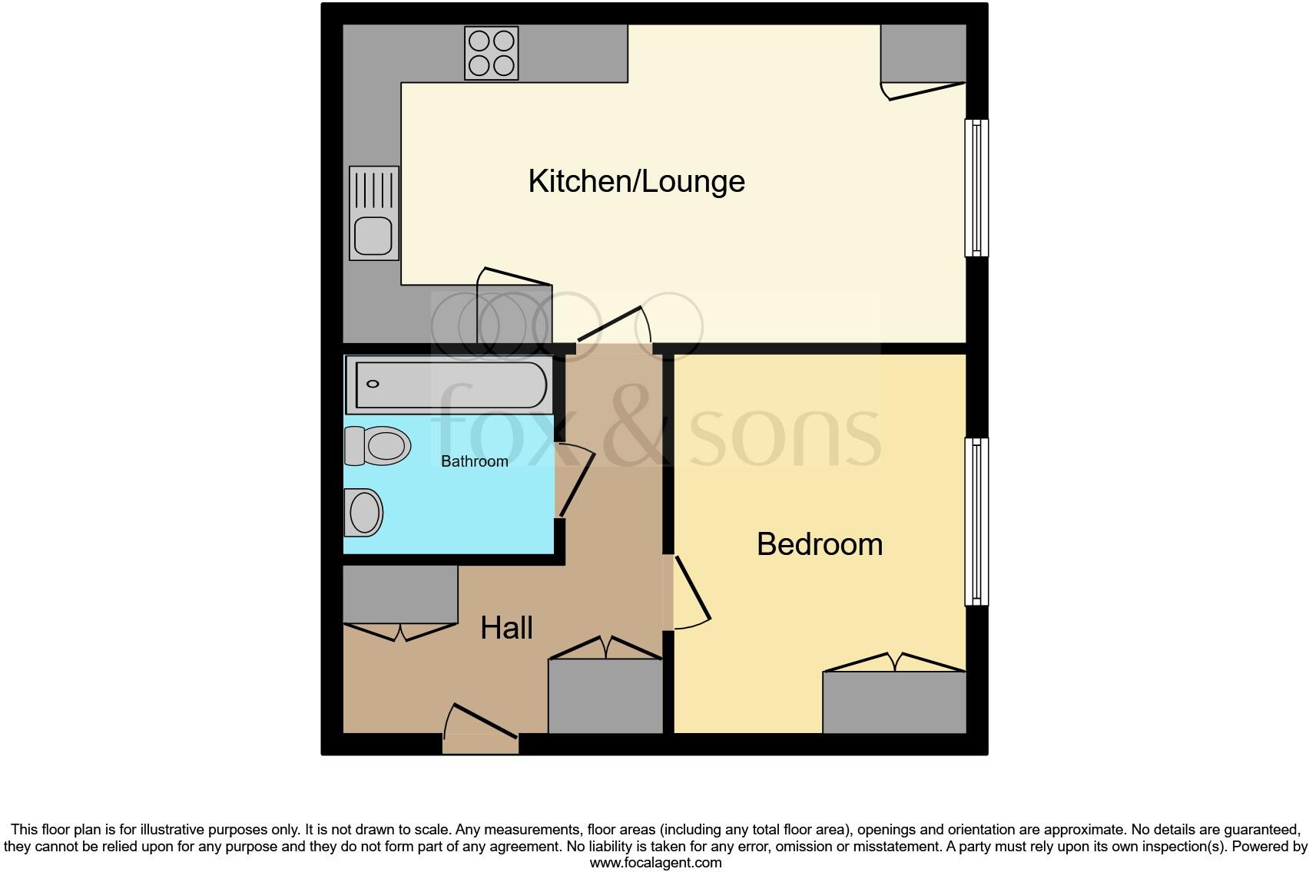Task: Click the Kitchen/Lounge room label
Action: [x=636, y=182]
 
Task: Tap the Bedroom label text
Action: [x=819, y=544]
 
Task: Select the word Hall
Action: [x=506, y=628]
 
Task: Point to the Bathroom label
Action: [x=474, y=461]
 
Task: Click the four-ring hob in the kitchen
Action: [x=491, y=53]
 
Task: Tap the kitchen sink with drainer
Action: [x=374, y=213]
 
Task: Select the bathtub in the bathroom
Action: [x=448, y=384]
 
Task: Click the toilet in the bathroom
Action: [x=377, y=446]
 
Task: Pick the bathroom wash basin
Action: [x=363, y=512]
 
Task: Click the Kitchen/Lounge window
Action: [x=976, y=187]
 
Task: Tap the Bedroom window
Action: [x=976, y=521]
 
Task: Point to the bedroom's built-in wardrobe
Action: [x=894, y=702]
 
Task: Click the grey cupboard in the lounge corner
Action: [x=923, y=52]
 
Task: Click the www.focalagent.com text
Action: [x=655, y=863]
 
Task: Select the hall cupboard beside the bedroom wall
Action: [x=605, y=695]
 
